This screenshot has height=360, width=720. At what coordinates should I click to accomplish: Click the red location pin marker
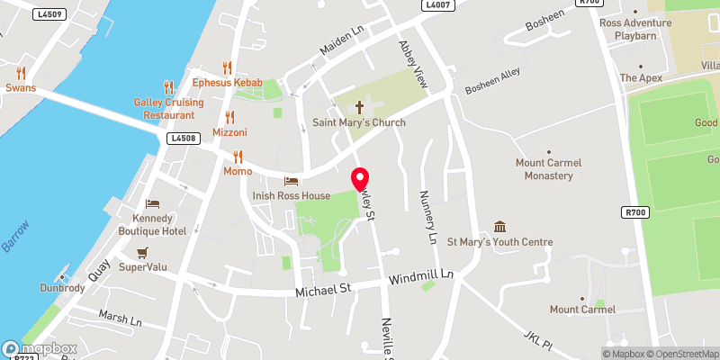point(359,179)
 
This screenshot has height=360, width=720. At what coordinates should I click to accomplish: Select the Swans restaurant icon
point(21,74)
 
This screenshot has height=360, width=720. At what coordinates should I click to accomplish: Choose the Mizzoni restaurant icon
point(229,117)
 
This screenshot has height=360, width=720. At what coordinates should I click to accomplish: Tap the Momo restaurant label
point(238,171)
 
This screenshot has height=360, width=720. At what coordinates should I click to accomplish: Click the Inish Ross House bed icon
point(291,182)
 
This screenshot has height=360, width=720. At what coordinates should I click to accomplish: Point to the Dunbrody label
point(62,289)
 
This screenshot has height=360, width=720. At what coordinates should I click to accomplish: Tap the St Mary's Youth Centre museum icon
point(500,227)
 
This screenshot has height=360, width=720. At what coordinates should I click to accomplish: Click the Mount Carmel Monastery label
point(544,169)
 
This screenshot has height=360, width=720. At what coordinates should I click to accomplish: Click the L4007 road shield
point(438,4)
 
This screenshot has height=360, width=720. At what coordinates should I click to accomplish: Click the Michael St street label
point(324,289)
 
